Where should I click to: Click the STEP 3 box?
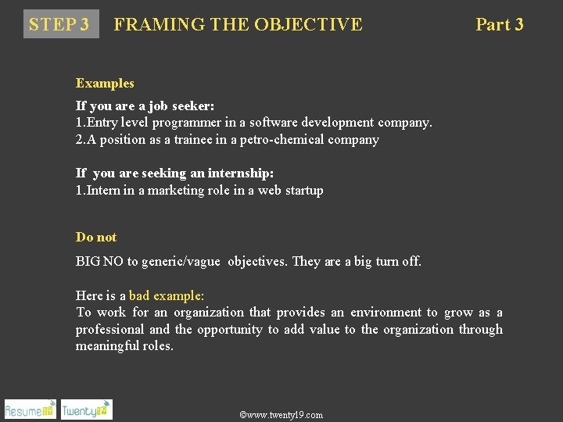click(x=59, y=24)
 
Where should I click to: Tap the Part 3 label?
click(x=500, y=24)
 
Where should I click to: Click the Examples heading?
click(x=105, y=83)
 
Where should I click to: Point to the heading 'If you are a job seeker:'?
click(x=145, y=105)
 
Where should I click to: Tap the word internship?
click(x=240, y=173)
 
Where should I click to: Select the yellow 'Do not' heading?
click(x=96, y=237)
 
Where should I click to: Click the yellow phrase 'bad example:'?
click(x=167, y=295)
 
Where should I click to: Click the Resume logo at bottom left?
click(x=30, y=409)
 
